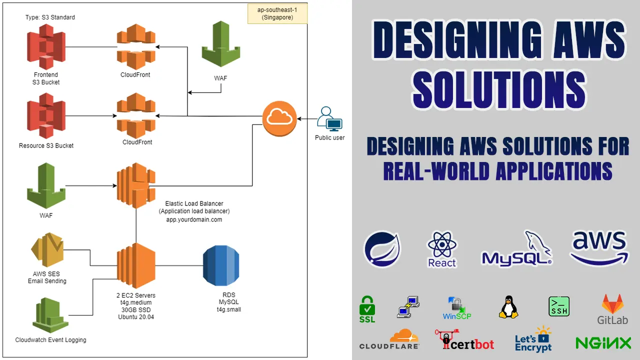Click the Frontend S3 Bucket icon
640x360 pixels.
46,47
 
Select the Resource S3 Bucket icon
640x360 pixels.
46,116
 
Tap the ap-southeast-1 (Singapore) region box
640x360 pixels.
277,13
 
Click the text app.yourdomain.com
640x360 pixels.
194,219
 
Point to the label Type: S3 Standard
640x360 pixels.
50,17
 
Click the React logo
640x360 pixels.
442,249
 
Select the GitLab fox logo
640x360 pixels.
612,309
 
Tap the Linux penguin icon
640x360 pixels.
508,307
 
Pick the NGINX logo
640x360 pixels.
603,343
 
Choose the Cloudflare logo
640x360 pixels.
389,339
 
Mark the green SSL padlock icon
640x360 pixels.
367,309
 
